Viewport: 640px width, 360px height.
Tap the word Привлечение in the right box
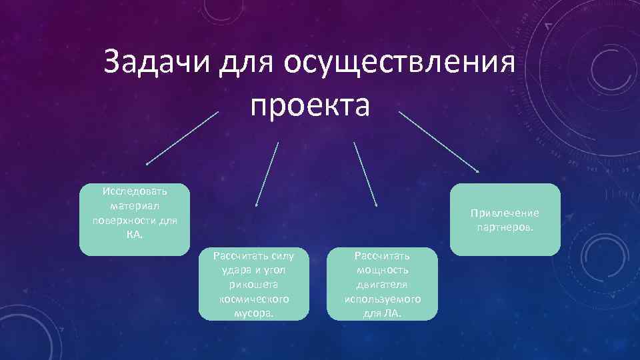coord(505,213)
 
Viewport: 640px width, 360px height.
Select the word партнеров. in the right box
coord(505,228)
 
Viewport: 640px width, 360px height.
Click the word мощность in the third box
coord(382,270)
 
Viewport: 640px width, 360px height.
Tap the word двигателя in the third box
coord(382,284)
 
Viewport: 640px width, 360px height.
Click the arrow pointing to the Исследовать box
coord(181,139)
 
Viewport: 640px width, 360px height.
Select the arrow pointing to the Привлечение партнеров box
coord(439,142)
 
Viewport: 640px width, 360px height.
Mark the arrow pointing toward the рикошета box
coord(267,174)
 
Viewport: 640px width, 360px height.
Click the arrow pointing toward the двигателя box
coord(365,174)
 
